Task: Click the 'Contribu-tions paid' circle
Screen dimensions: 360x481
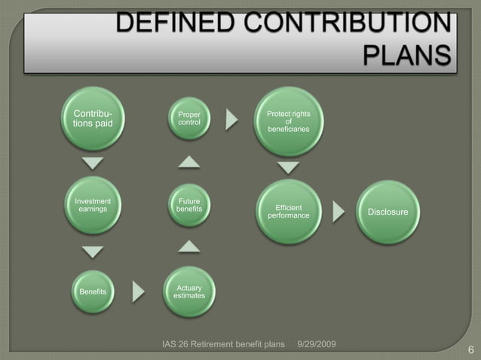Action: pyautogui.click(x=93, y=120)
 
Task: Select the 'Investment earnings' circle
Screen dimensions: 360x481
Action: pyautogui.click(x=93, y=206)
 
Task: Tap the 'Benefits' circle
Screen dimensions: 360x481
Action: pyautogui.click(x=93, y=291)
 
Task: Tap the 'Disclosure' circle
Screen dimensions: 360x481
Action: pyautogui.click(x=388, y=212)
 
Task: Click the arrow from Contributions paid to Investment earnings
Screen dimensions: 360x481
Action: pyautogui.click(x=93, y=164)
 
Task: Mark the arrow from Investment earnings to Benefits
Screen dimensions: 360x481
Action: pyautogui.click(x=93, y=250)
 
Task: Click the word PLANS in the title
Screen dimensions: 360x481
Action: pyautogui.click(x=408, y=56)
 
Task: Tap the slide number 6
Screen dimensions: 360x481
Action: pyautogui.click(x=470, y=349)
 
